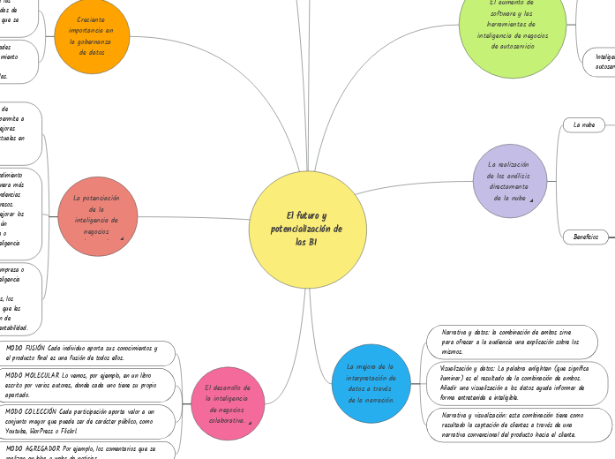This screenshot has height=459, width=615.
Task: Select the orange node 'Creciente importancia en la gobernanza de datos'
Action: click(x=92, y=36)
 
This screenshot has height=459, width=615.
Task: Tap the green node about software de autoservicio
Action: click(x=512, y=32)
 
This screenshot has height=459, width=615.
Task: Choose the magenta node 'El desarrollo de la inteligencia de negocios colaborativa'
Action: click(x=227, y=403)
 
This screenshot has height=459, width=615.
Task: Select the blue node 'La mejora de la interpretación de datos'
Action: click(x=371, y=381)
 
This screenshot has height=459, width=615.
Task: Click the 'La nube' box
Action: click(x=584, y=125)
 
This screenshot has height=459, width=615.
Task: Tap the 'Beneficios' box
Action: click(x=585, y=237)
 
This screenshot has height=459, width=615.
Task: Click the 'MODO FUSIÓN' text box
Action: click(x=81, y=353)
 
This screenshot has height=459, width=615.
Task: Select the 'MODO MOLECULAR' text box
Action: click(x=81, y=385)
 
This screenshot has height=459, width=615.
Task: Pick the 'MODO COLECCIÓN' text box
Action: click(x=81, y=421)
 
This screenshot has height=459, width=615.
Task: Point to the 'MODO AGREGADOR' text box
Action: click(x=81, y=451)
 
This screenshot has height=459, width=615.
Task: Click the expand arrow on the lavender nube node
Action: click(x=532, y=201)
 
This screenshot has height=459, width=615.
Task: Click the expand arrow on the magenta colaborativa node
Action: click(x=251, y=424)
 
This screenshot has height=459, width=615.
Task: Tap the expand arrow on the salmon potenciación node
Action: click(x=120, y=239)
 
